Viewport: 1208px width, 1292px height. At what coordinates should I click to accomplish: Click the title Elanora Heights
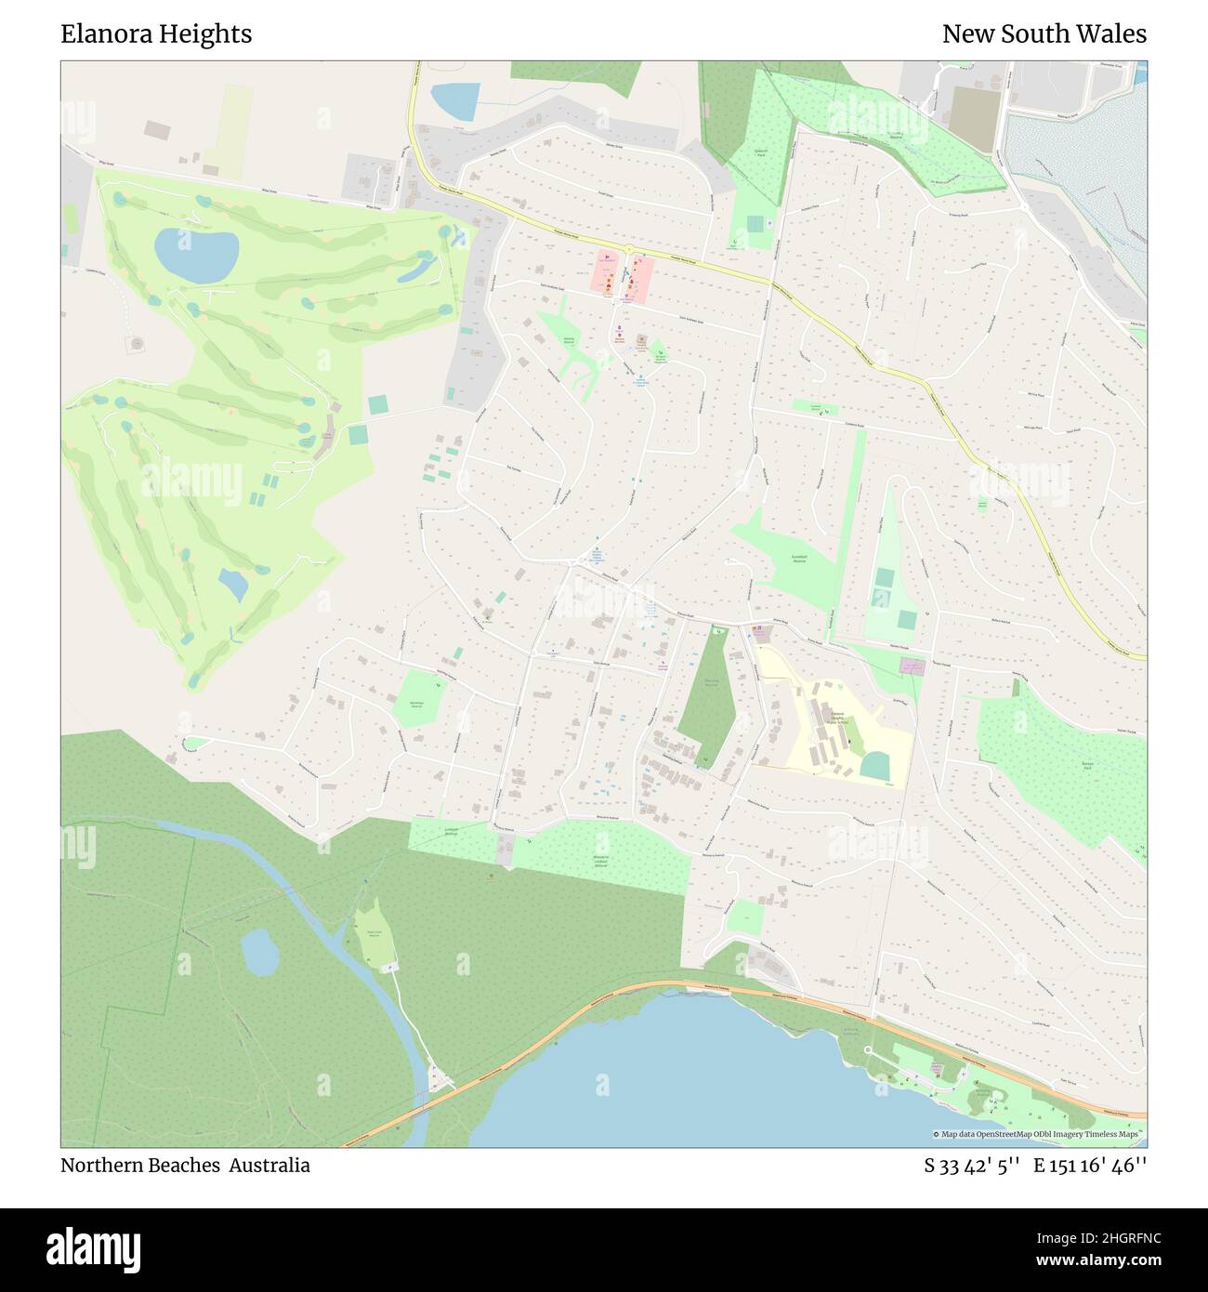(156, 34)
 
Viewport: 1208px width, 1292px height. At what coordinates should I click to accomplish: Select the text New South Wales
(1044, 34)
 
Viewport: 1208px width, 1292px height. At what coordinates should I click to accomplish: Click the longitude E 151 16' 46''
(1090, 1166)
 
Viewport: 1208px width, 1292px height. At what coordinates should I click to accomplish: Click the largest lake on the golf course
(196, 255)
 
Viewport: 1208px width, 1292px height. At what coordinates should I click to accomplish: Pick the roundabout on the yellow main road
(629, 250)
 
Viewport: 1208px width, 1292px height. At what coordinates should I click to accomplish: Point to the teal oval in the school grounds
(874, 765)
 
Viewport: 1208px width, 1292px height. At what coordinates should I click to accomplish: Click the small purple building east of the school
(913, 666)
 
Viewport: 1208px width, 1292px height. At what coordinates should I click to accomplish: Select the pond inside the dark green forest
(260, 953)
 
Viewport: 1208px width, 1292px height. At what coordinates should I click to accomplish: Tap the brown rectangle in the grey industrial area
(973, 119)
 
